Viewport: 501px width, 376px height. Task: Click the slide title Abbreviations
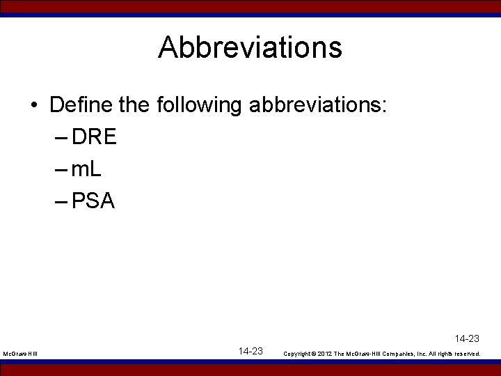coord(250,48)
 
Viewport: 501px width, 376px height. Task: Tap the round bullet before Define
coord(34,107)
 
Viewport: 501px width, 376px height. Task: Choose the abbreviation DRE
coord(94,137)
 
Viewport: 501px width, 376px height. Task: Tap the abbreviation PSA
coord(93,201)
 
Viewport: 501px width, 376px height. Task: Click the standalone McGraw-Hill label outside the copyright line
coord(20,354)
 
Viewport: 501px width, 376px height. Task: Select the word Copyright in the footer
coord(299,354)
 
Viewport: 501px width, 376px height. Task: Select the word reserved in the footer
coord(469,354)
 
